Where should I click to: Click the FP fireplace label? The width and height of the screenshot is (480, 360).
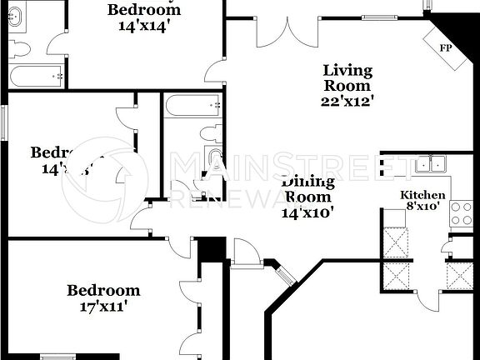tap(446, 47)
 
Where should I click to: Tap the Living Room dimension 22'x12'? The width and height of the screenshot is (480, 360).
tap(347, 101)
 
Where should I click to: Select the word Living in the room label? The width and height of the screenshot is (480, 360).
tap(347, 70)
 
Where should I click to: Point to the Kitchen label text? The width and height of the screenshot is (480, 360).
tap(423, 195)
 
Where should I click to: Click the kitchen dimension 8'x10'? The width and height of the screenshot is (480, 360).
tap(424, 206)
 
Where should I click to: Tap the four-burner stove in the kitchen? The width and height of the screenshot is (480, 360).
tap(461, 213)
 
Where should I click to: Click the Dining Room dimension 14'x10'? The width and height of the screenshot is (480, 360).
tap(309, 212)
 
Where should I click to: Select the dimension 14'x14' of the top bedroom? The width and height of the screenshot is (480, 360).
tap(143, 25)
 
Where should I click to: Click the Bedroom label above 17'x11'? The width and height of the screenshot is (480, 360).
tap(103, 290)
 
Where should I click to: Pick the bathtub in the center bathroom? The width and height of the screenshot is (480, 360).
tap(192, 106)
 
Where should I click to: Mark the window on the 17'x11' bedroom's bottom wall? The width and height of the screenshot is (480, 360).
tap(58, 357)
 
